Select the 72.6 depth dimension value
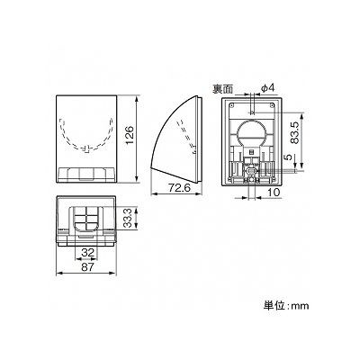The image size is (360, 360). (x=179, y=188)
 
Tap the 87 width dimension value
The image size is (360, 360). (x=87, y=266)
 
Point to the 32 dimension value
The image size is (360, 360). (x=87, y=253)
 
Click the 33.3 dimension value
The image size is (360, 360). (x=128, y=219)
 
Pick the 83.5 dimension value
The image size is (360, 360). (x=295, y=132)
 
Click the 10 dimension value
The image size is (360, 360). (x=273, y=193)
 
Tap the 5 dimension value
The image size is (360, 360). (x=288, y=157)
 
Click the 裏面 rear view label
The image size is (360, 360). (x=223, y=89)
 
